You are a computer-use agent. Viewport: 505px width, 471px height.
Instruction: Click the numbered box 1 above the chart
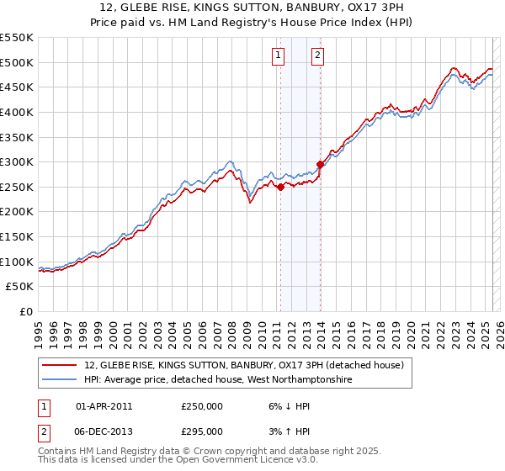(x=279, y=56)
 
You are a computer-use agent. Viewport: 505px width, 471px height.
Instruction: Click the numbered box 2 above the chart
(x=318, y=56)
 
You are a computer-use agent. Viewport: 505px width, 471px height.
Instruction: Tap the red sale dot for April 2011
(x=280, y=188)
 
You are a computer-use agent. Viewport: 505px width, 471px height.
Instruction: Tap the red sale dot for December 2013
(x=320, y=165)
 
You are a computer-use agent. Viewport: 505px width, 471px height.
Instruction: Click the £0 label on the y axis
(x=25, y=311)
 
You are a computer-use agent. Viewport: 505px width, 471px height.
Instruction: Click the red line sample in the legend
(x=61, y=365)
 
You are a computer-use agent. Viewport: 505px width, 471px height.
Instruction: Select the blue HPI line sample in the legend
(x=61, y=379)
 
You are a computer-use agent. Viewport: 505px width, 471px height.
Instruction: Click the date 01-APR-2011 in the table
(x=104, y=406)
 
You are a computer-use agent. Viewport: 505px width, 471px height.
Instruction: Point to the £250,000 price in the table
(x=202, y=406)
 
